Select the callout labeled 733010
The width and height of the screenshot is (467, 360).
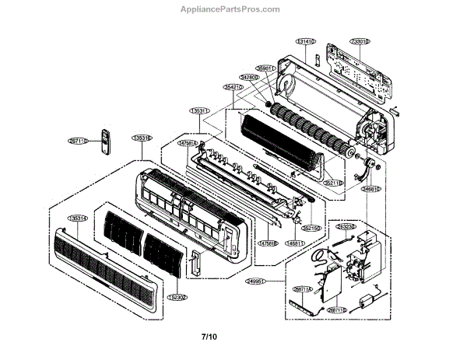pyautogui.click(x=359, y=40)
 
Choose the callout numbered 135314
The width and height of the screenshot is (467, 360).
pyautogui.click(x=79, y=218)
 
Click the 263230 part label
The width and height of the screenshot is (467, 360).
pyautogui.click(x=347, y=228)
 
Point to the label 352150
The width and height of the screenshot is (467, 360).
pyautogui.click(x=312, y=229)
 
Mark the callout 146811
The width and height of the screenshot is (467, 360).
pyautogui.click(x=294, y=243)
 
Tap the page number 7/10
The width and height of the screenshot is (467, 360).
pyautogui.click(x=209, y=337)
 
